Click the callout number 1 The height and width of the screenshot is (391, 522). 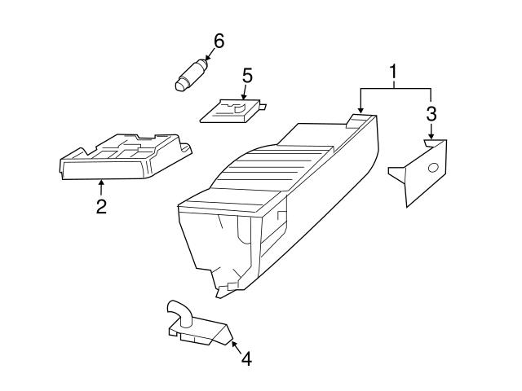click(393, 72)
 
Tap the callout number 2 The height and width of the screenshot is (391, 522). click(101, 206)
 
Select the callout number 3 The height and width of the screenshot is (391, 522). click(431, 114)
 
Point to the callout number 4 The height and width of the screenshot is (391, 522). click(246, 358)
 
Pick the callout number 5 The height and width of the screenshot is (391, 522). click(247, 76)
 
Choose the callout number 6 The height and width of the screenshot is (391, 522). click(219, 41)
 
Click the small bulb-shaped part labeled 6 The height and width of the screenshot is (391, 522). click(191, 74)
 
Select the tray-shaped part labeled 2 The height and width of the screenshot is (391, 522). click(126, 156)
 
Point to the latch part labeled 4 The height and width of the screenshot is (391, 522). click(198, 324)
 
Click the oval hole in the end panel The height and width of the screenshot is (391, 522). click(433, 168)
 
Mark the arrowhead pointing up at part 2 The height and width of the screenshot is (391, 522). click(101, 182)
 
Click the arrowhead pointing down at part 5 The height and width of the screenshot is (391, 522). click(244, 97)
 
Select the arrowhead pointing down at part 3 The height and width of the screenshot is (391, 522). click(431, 136)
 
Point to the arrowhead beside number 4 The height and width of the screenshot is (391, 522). click(234, 344)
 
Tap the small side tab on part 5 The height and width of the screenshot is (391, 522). click(263, 107)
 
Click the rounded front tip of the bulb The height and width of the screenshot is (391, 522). click(179, 86)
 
